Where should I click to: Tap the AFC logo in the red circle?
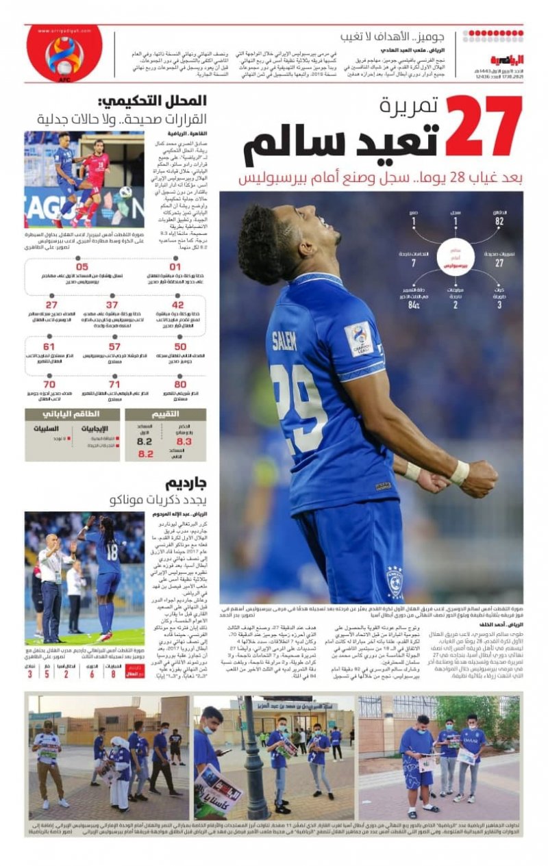pyautogui.click(x=64, y=54)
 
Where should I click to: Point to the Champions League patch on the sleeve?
pyautogui.click(x=358, y=338)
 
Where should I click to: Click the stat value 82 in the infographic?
pyautogui.click(x=499, y=222)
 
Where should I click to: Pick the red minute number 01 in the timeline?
pyautogui.click(x=175, y=267)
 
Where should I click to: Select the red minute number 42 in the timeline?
pyautogui.click(x=177, y=305)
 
